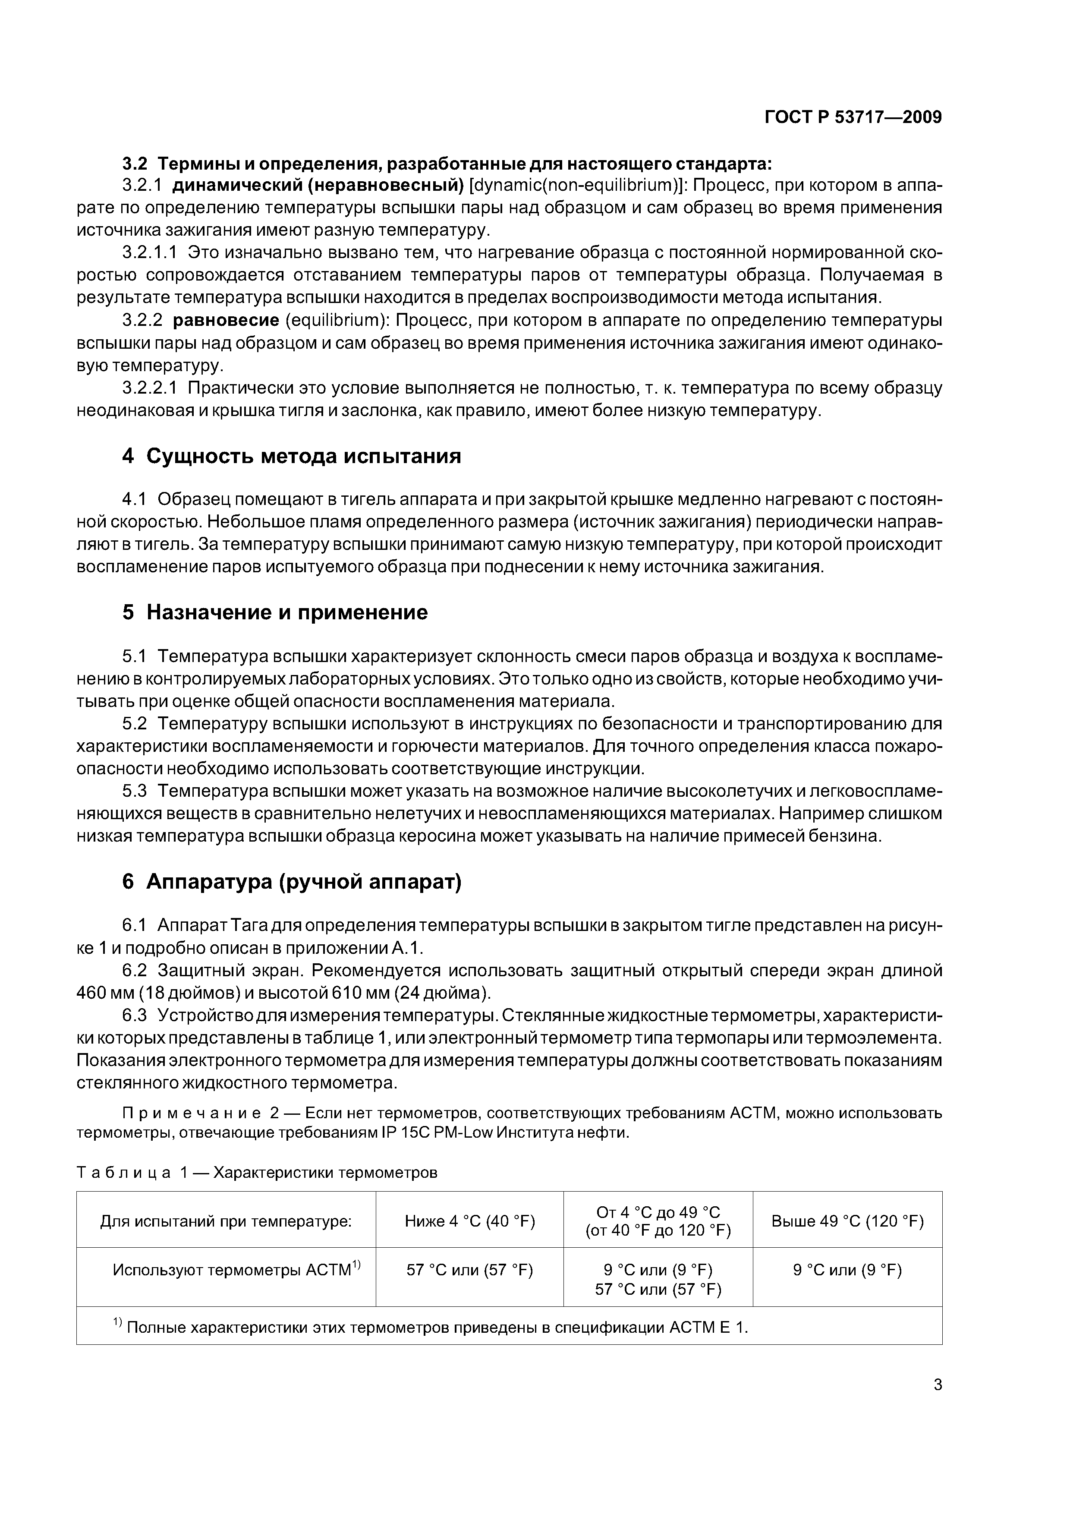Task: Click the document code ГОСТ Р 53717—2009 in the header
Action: point(853,117)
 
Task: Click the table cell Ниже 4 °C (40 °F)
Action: point(469,1221)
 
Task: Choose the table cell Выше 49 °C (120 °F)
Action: point(847,1221)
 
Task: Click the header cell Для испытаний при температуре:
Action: point(226,1221)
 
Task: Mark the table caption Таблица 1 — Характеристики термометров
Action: point(257,1173)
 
